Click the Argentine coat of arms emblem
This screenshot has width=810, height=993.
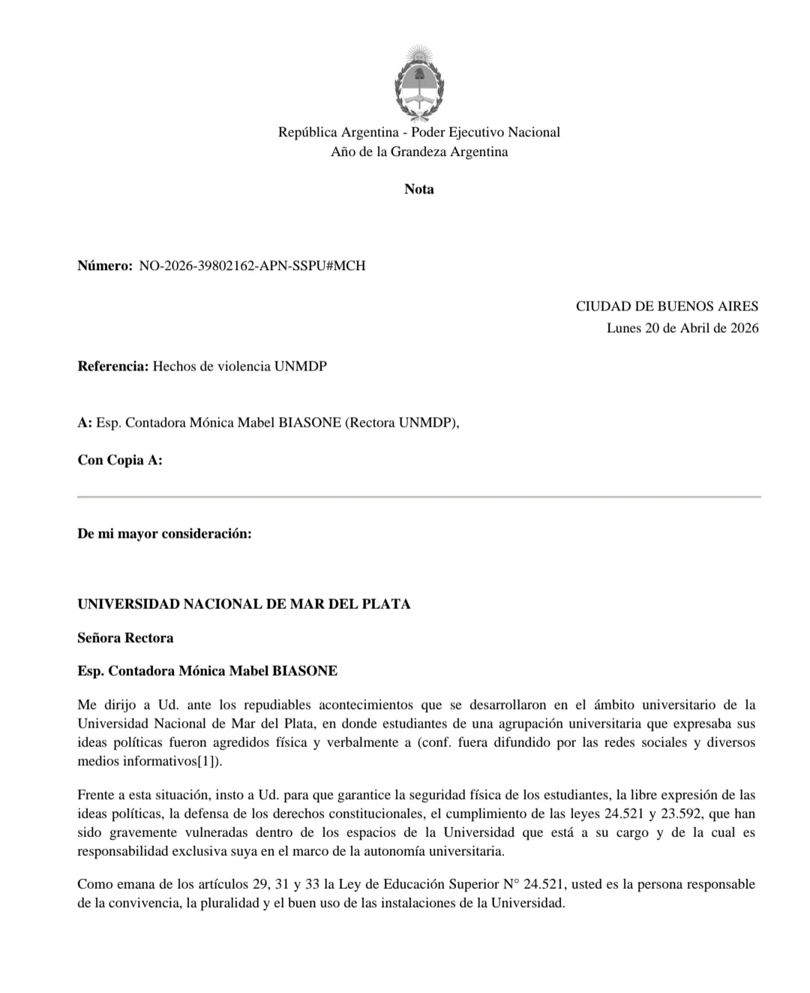pos(419,83)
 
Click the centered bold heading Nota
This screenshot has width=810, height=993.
pos(419,189)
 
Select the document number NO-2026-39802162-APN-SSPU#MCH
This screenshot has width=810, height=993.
pos(253,265)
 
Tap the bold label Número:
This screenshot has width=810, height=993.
pos(105,265)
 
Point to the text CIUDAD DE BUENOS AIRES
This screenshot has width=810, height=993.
pos(667,306)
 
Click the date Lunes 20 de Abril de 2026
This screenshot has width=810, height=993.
pos(682,328)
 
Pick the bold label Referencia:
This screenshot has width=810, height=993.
pos(113,366)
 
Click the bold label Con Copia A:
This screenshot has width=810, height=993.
pos(120,460)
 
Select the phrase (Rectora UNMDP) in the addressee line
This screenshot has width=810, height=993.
pos(400,422)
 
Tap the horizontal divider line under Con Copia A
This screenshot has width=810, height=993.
pos(419,496)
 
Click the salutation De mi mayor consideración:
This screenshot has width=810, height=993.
pos(164,533)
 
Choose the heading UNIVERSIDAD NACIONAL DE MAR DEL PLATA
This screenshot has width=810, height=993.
pos(244,604)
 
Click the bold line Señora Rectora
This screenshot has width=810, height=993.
pos(125,637)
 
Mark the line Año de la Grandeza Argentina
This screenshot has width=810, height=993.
pos(419,151)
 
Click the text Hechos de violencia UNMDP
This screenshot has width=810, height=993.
pos(240,366)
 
